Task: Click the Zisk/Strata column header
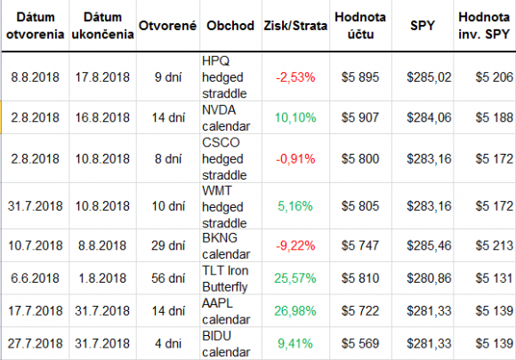click(x=295, y=26)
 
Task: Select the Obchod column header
click(x=230, y=26)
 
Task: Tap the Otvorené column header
click(x=167, y=26)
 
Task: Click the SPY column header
click(x=423, y=26)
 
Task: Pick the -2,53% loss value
click(x=295, y=77)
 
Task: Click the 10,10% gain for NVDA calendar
click(x=295, y=117)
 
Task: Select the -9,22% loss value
click(x=295, y=245)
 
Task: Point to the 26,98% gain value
click(x=295, y=311)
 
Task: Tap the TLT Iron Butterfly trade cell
click(x=225, y=278)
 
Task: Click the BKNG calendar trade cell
click(x=226, y=246)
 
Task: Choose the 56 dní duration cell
click(x=168, y=278)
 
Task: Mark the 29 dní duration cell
click(x=168, y=245)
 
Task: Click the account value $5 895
click(x=360, y=77)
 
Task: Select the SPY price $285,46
click(x=429, y=245)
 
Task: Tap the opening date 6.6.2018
click(x=36, y=278)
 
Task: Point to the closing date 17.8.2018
click(x=102, y=77)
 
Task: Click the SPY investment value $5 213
click(x=494, y=245)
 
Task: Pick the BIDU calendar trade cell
click(x=226, y=344)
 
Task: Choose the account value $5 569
click(x=360, y=344)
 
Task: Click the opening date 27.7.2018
click(x=36, y=344)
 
